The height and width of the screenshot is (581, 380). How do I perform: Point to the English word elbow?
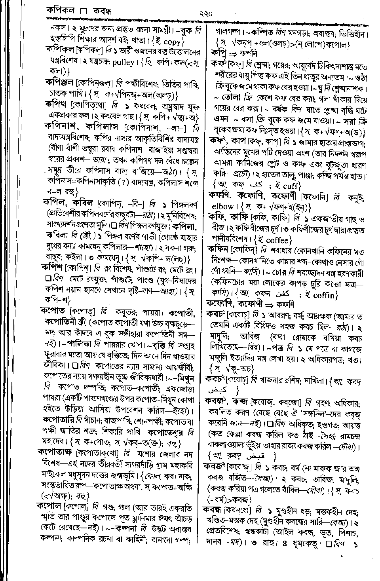click(x=223, y=206)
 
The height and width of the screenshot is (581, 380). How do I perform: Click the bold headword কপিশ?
click(x=53, y=268)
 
